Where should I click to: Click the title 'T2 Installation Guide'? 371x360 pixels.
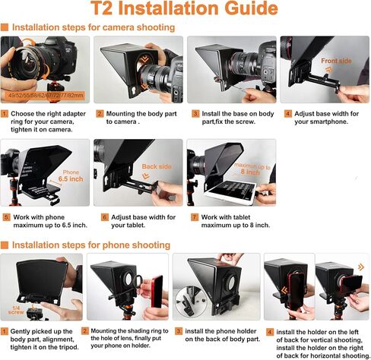point(184,8)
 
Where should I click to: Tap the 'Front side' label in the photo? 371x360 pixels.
point(336,61)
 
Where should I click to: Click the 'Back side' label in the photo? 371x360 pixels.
point(157,166)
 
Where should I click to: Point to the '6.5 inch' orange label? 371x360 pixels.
point(71,179)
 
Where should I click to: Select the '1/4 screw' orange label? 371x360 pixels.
point(16,310)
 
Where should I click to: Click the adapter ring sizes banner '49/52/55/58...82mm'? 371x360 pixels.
point(46,96)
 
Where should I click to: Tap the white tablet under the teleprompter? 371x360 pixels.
point(230,192)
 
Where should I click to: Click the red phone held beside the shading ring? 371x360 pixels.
point(157,292)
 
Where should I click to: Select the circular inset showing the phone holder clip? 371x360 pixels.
point(189,301)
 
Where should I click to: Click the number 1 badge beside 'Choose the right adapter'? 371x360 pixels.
point(5,114)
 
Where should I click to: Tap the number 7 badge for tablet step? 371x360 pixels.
point(195,217)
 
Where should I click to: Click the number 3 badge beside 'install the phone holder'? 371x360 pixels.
point(179,331)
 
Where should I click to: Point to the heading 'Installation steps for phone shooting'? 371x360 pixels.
point(91,245)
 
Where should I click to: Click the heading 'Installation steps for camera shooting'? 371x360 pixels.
point(94,27)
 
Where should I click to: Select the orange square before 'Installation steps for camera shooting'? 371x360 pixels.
point(5,27)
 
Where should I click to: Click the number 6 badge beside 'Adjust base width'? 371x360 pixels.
point(105,217)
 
